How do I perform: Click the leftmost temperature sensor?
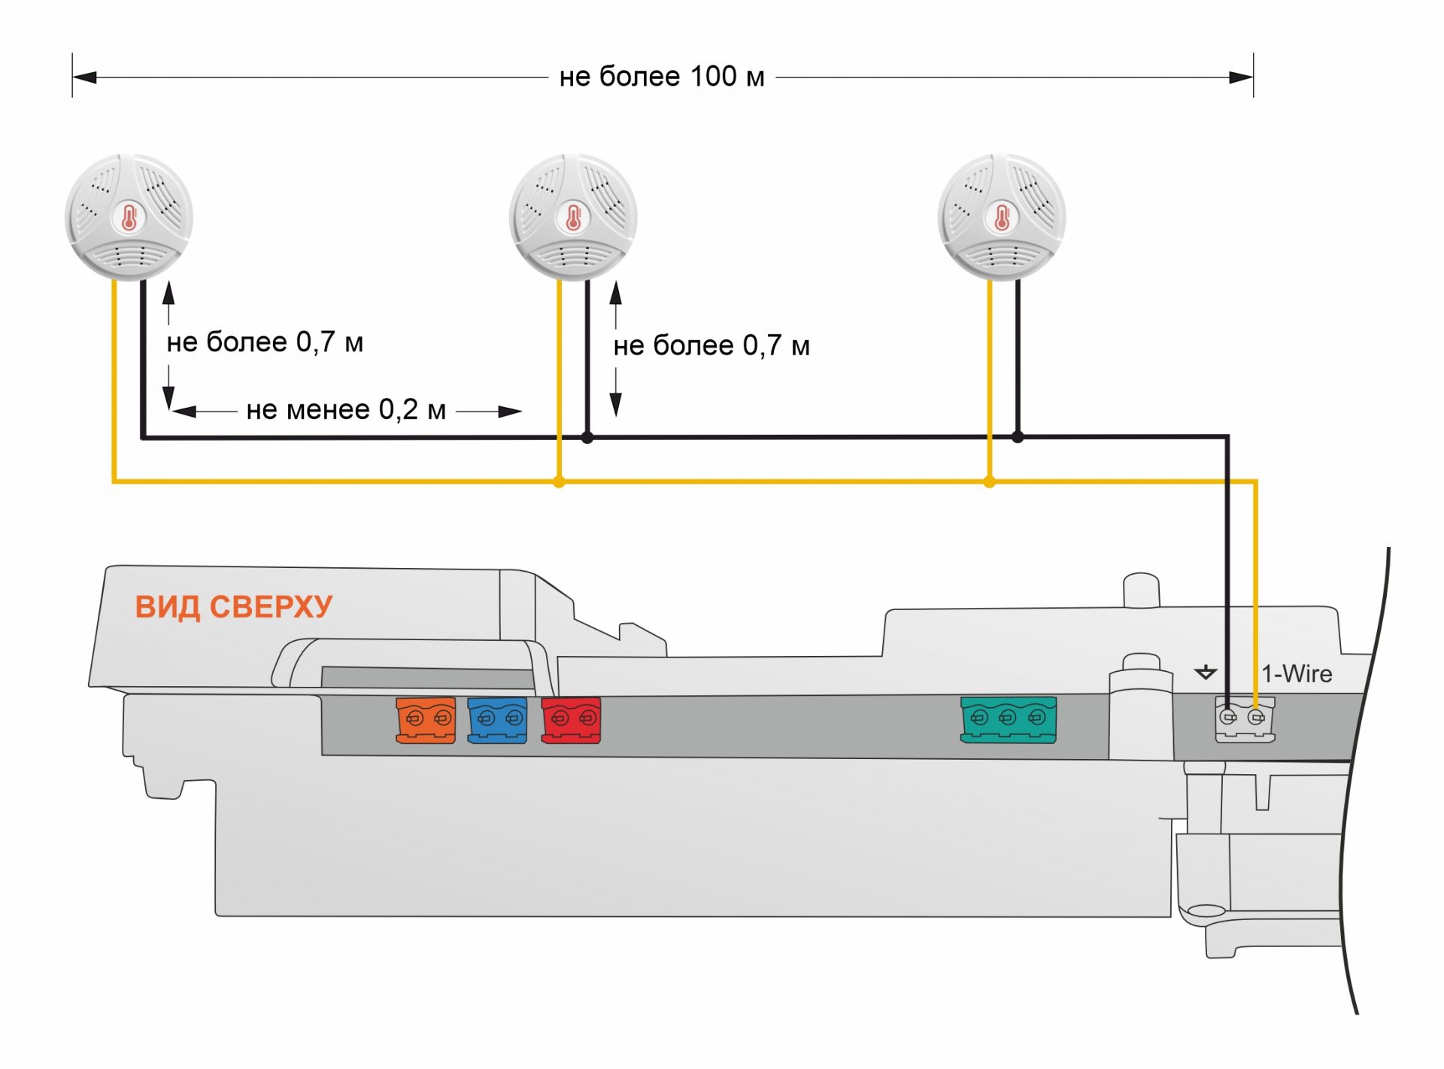pyautogui.click(x=129, y=217)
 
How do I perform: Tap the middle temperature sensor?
pyautogui.click(x=573, y=217)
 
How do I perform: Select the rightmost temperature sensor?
pyautogui.click(x=1002, y=217)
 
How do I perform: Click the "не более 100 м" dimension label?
pyautogui.click(x=662, y=77)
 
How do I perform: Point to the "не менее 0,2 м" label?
pyautogui.click(x=346, y=410)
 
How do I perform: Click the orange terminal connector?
pyautogui.click(x=426, y=720)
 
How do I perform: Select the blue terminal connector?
pyautogui.click(x=497, y=720)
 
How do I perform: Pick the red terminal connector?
pyautogui.click(x=571, y=720)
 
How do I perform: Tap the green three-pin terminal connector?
pyautogui.click(x=1008, y=719)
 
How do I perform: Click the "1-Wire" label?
pyautogui.click(x=1297, y=674)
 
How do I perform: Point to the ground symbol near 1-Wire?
pyautogui.click(x=1206, y=672)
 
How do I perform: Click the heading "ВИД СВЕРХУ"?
pyautogui.click(x=233, y=607)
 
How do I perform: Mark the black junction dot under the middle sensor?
pyautogui.click(x=587, y=437)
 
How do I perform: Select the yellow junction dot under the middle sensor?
pyautogui.click(x=559, y=481)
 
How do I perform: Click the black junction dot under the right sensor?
pyautogui.click(x=1018, y=436)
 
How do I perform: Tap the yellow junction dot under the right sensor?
pyautogui.click(x=989, y=481)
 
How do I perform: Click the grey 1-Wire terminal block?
pyautogui.click(x=1245, y=719)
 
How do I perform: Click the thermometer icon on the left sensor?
pyautogui.click(x=129, y=218)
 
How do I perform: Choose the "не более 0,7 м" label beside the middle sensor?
pyautogui.click(x=711, y=346)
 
